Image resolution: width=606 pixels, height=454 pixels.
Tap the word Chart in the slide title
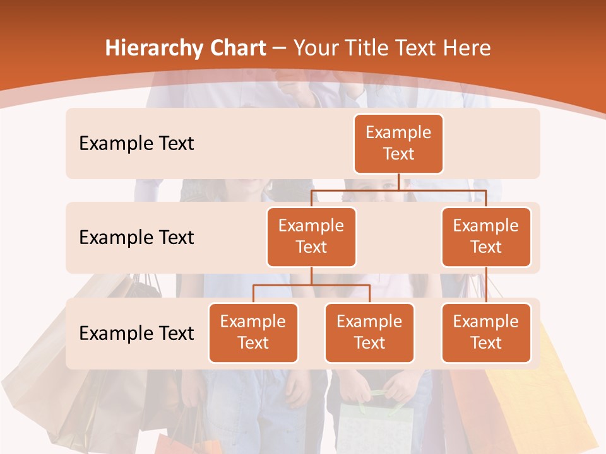(x=237, y=49)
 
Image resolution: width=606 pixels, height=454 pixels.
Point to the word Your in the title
(x=316, y=49)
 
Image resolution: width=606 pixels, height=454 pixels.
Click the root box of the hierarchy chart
(x=398, y=143)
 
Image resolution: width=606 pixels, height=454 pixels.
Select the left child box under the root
(x=311, y=236)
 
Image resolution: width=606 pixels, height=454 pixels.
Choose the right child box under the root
(x=486, y=236)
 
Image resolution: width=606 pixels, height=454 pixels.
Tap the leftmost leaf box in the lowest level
(x=253, y=332)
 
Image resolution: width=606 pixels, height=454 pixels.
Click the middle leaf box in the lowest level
(x=369, y=332)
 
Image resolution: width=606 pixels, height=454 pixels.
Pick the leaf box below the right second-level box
(x=486, y=332)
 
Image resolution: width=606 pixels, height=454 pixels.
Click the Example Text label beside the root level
(x=136, y=144)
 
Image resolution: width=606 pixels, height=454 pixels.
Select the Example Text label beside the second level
(x=136, y=238)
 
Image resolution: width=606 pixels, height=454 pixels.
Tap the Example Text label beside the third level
(x=136, y=333)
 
